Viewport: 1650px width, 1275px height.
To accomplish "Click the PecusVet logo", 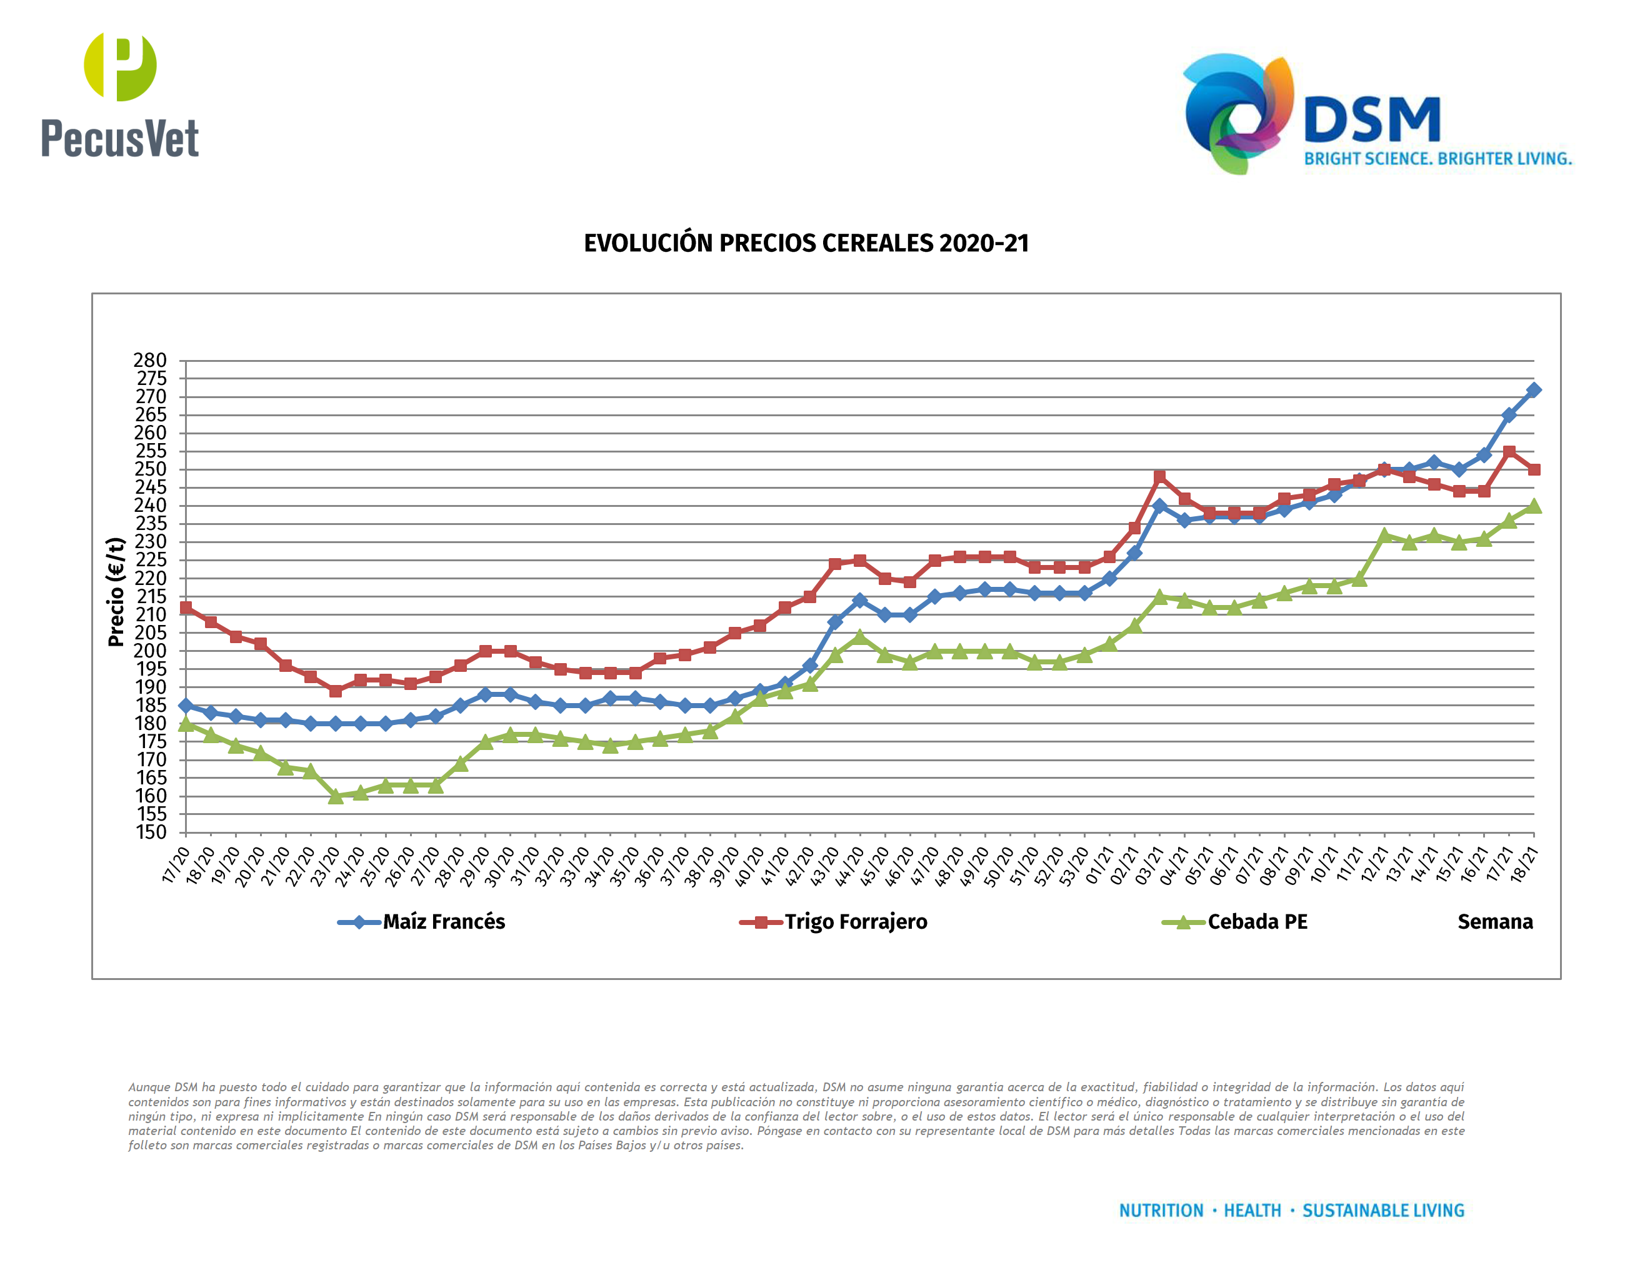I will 119,95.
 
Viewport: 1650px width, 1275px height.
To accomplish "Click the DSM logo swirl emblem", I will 1237,113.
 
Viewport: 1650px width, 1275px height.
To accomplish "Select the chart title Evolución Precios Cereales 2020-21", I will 806,243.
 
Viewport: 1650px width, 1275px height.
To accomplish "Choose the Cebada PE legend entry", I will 1256,921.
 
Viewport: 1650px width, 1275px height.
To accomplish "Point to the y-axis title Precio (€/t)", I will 116,592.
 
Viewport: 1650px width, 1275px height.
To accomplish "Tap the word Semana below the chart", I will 1494,921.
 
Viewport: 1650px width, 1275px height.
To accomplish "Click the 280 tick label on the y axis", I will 151,360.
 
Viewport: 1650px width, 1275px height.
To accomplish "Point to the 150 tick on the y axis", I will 151,832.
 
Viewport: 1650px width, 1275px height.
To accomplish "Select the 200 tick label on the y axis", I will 151,651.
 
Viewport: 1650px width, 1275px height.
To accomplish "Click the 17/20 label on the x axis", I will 176,865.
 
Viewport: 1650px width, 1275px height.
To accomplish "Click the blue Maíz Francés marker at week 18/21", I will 1534,390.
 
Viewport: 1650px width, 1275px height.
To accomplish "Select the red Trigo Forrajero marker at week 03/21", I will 1159,477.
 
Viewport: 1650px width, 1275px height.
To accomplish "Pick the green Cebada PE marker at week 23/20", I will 336,796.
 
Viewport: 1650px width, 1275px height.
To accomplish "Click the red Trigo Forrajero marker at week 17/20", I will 186,607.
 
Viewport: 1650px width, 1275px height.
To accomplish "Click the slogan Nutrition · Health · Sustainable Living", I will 1291,1211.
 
